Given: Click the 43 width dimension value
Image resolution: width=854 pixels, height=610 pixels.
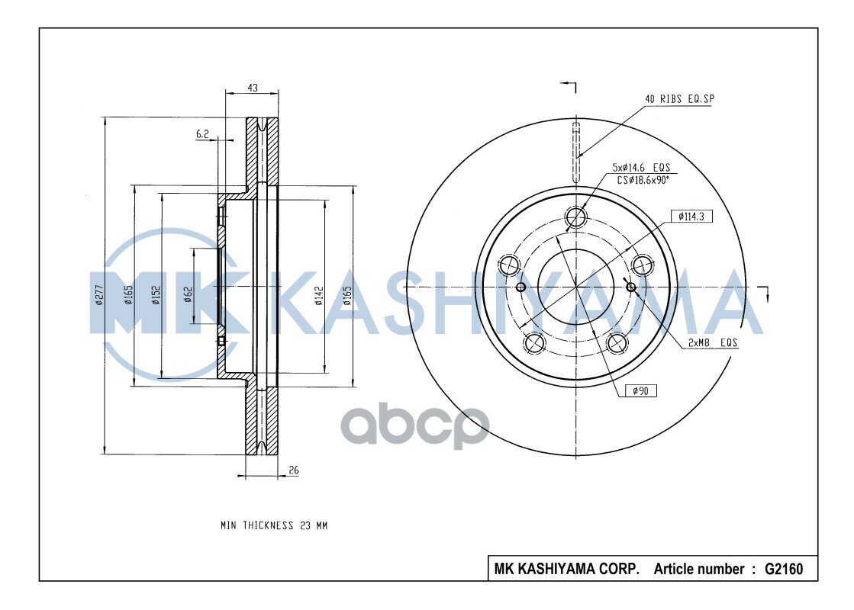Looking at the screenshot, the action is coord(252,88).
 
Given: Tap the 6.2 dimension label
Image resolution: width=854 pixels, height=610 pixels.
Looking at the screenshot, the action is coord(202,134).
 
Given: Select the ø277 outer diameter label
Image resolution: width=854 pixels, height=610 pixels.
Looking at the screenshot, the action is coord(98,295).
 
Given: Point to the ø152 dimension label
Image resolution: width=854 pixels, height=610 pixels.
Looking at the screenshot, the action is coord(156,295).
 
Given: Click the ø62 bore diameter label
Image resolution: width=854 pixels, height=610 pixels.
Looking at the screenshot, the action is coord(189,295).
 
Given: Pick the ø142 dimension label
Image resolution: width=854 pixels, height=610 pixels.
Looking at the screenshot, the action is coord(319,295).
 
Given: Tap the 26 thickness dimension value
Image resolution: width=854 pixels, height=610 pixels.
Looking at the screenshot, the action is coord(294,470).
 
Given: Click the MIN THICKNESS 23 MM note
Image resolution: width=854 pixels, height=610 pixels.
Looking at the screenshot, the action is coord(274,525).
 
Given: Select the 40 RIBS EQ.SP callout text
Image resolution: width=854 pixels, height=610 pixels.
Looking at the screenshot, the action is coord(679,99).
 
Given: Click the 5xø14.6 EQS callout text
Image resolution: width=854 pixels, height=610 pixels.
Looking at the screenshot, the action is coord(642,168).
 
